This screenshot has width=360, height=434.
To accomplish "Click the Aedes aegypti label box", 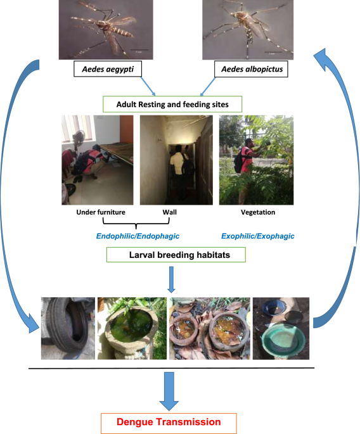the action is [x=108, y=69].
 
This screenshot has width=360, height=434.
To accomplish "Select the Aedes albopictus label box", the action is [x=251, y=69].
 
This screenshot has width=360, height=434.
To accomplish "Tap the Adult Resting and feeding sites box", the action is [x=172, y=105].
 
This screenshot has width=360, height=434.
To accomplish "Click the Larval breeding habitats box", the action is [x=176, y=255].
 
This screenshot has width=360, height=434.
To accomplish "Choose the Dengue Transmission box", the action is [x=169, y=422].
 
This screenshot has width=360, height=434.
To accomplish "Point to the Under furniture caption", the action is [x=101, y=212].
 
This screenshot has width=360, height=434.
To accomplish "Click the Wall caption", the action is [x=169, y=212].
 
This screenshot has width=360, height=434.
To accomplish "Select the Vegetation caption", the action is [x=258, y=212].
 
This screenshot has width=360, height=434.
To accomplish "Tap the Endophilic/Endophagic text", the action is [x=138, y=236].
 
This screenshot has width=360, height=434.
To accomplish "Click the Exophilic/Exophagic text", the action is [x=257, y=236].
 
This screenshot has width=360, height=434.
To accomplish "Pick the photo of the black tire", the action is [x=68, y=329].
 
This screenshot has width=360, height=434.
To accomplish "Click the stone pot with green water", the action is [x=131, y=329].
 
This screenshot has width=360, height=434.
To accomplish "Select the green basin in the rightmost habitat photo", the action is [x=283, y=340].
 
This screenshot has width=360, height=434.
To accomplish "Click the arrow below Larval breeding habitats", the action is [x=171, y=279].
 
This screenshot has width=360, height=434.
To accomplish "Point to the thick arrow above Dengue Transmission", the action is [x=169, y=391].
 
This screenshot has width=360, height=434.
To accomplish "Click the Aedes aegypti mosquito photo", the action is [x=106, y=30].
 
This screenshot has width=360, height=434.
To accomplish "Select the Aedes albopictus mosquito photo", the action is [x=248, y=30].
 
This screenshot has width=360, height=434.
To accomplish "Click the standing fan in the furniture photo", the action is [x=79, y=147].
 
